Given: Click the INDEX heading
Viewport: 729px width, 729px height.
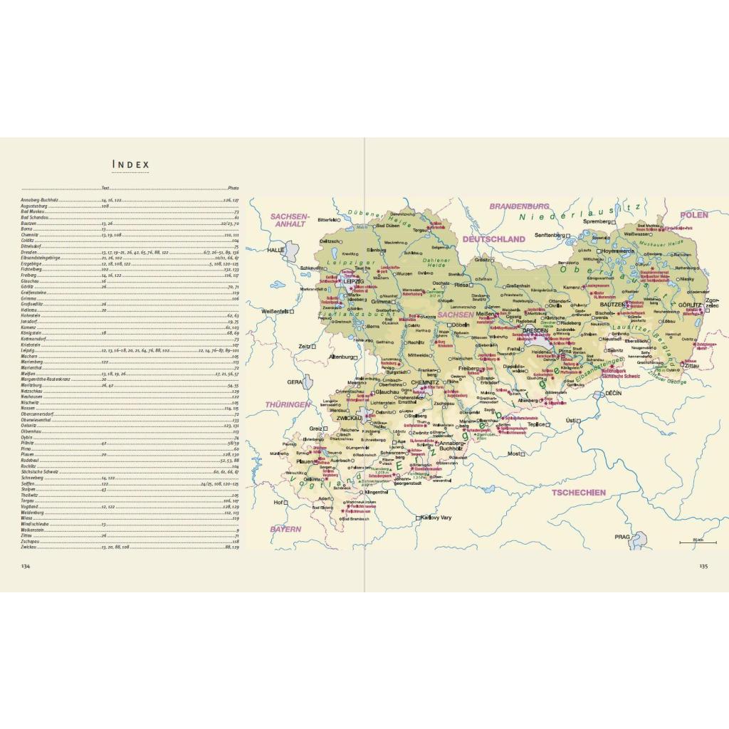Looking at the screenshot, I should [131, 165].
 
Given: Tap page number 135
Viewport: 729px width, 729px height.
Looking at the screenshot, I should [702, 566].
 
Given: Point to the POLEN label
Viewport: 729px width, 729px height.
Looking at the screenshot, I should [693, 214].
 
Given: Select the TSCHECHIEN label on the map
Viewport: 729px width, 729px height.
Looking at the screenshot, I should [578, 492].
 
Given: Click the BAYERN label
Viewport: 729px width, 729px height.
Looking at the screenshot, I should [285, 529].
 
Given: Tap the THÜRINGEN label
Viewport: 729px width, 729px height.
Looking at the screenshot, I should [288, 404].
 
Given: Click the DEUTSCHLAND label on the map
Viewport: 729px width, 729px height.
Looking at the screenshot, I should [493, 239].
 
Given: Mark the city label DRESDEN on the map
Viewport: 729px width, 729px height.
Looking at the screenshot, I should [536, 330].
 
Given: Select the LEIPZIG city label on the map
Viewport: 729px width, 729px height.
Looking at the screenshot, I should [354, 281].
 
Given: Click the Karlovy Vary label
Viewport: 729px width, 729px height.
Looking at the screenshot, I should [439, 518].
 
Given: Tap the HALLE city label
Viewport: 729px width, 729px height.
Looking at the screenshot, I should [276, 251].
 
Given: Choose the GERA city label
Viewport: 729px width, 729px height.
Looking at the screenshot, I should [295, 382].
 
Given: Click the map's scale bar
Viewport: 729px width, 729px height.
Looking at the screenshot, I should [687, 543].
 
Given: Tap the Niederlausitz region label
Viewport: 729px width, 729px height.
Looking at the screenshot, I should [579, 214].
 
